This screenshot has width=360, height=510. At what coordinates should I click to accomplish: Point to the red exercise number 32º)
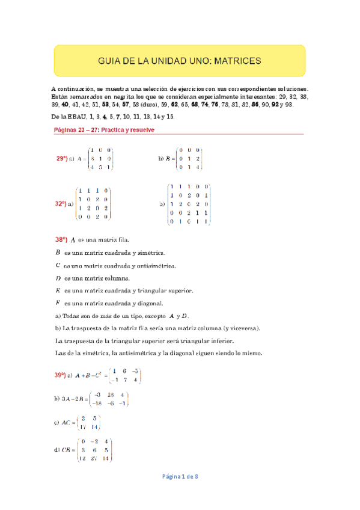61,204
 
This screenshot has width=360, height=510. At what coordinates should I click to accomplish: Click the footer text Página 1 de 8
180,476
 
